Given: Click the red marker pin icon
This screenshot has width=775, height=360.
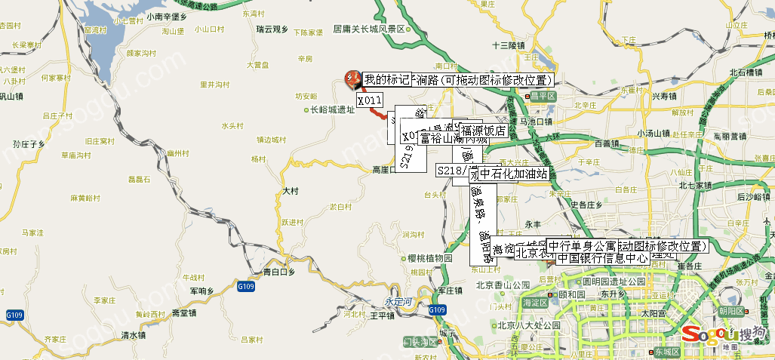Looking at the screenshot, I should click(x=352, y=78).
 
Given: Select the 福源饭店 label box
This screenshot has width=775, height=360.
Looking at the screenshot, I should click(x=484, y=131).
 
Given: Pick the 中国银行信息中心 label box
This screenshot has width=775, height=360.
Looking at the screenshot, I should click(x=603, y=258).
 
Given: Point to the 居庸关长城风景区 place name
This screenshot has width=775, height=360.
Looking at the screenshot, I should click(x=370, y=30).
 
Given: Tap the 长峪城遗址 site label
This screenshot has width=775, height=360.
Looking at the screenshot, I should click(x=332, y=109).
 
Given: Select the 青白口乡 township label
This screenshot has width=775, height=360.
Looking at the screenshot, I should click(x=271, y=271).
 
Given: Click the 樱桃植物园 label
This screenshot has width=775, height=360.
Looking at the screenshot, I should click(x=429, y=258).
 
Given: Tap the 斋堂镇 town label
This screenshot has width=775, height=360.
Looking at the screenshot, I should click(x=184, y=312).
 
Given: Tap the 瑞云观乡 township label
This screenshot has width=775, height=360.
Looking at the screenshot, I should click(x=272, y=29).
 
